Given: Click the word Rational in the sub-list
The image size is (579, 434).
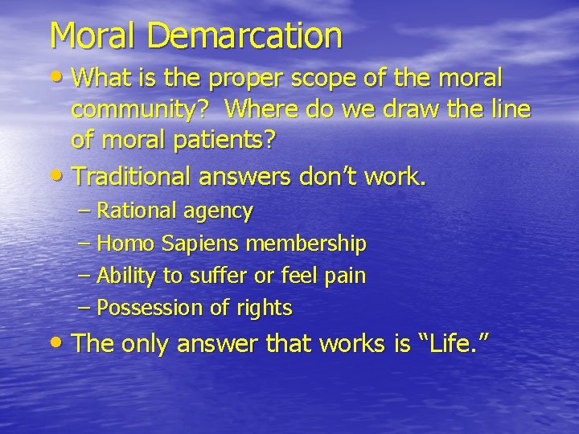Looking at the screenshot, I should [130, 211].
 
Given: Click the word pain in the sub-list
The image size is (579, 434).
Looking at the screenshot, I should [345, 276].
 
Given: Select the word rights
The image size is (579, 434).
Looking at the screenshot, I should [266, 308].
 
